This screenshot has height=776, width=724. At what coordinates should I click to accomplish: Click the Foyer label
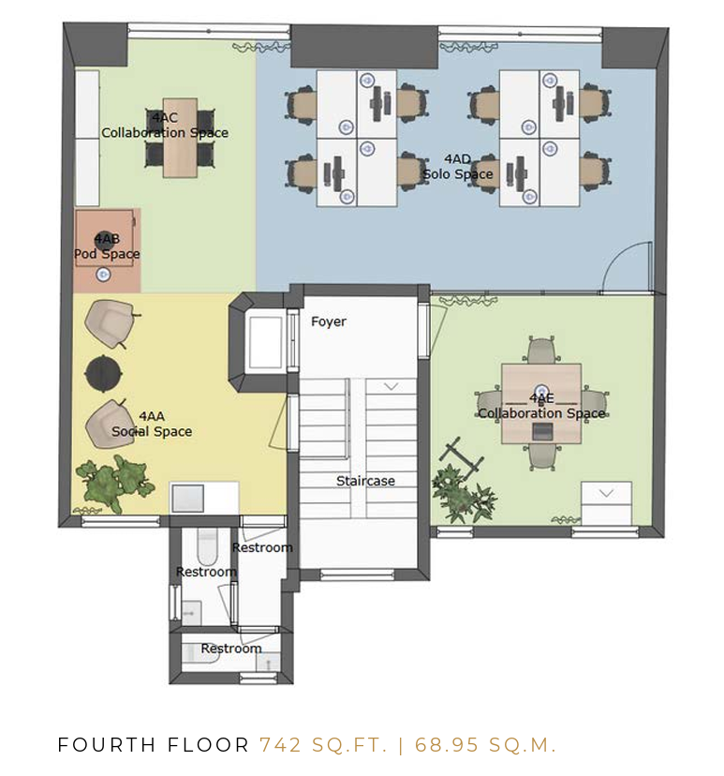pos(329,321)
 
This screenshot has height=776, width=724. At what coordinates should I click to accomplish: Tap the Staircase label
pos(365,481)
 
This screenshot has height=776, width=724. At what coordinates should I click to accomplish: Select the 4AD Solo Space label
pos(457,167)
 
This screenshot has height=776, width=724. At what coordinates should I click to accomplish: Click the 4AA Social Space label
pos(152,425)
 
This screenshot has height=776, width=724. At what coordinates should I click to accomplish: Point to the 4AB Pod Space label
pos(107,246)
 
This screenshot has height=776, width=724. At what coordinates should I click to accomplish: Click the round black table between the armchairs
pos(103,373)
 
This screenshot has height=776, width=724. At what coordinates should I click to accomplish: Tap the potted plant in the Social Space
pos(114,485)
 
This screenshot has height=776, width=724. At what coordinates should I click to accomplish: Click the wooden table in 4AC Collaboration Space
pos(180,138)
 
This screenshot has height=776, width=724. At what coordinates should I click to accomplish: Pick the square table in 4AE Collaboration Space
pos(541,404)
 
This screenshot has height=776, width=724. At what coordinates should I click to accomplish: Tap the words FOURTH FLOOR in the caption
pos(154,745)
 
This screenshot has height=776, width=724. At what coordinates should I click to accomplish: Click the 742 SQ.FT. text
pos(323,745)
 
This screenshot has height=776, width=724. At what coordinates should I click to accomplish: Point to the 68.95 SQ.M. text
pos(486,745)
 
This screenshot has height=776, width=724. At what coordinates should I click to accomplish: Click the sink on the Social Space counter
pos(187,498)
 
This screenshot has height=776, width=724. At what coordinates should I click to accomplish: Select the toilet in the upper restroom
pos(207,546)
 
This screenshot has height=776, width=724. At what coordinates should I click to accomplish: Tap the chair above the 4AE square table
pos(541,350)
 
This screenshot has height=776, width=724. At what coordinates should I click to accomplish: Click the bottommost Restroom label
pos(231,649)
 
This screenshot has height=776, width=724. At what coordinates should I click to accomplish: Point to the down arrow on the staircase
pos(392,386)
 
